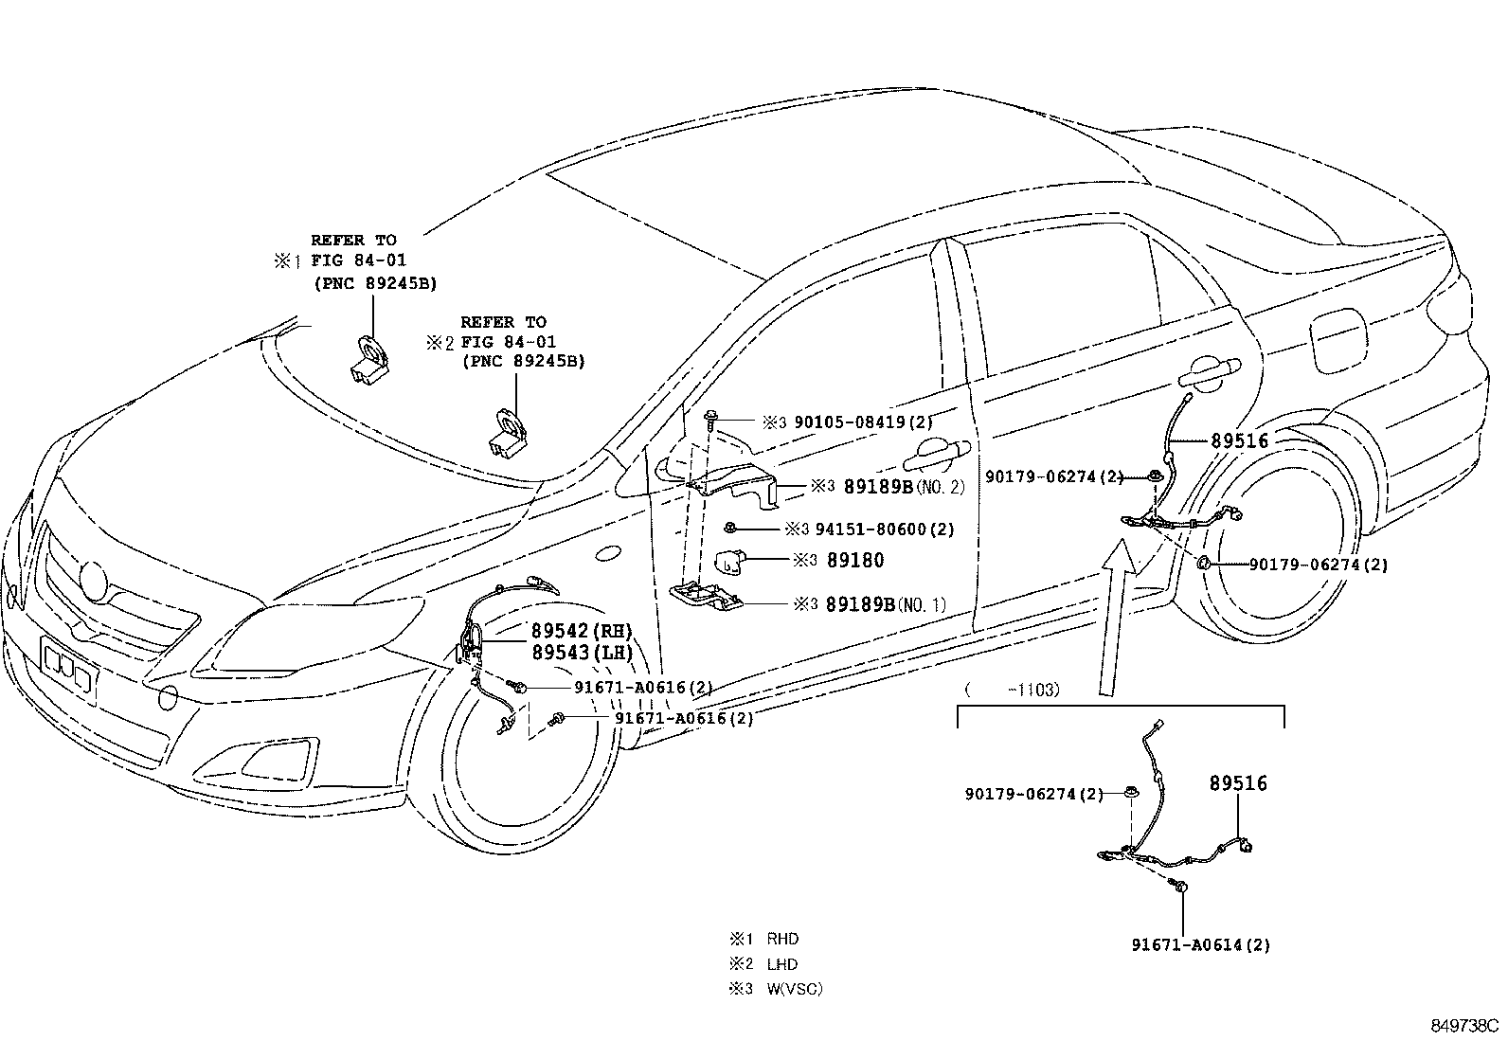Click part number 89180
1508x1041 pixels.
coord(855,560)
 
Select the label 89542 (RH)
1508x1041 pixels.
coord(582,631)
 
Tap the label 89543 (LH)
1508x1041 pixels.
coord(583,653)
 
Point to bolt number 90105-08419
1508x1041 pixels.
coord(864,422)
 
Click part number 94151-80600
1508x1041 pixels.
coord(885,529)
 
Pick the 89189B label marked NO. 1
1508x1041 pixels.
coord(886,604)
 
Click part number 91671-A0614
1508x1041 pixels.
coord(1201,945)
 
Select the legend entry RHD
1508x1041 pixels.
coord(783,939)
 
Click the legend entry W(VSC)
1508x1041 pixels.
coord(795,989)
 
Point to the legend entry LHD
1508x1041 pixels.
coord(782,964)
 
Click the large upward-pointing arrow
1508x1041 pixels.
coord(1113,616)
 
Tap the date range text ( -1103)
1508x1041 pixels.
coord(1012,690)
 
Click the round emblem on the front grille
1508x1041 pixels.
coord(93,581)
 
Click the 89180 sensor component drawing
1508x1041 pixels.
coord(728,560)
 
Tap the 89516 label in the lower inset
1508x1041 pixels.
coord(1238,783)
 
